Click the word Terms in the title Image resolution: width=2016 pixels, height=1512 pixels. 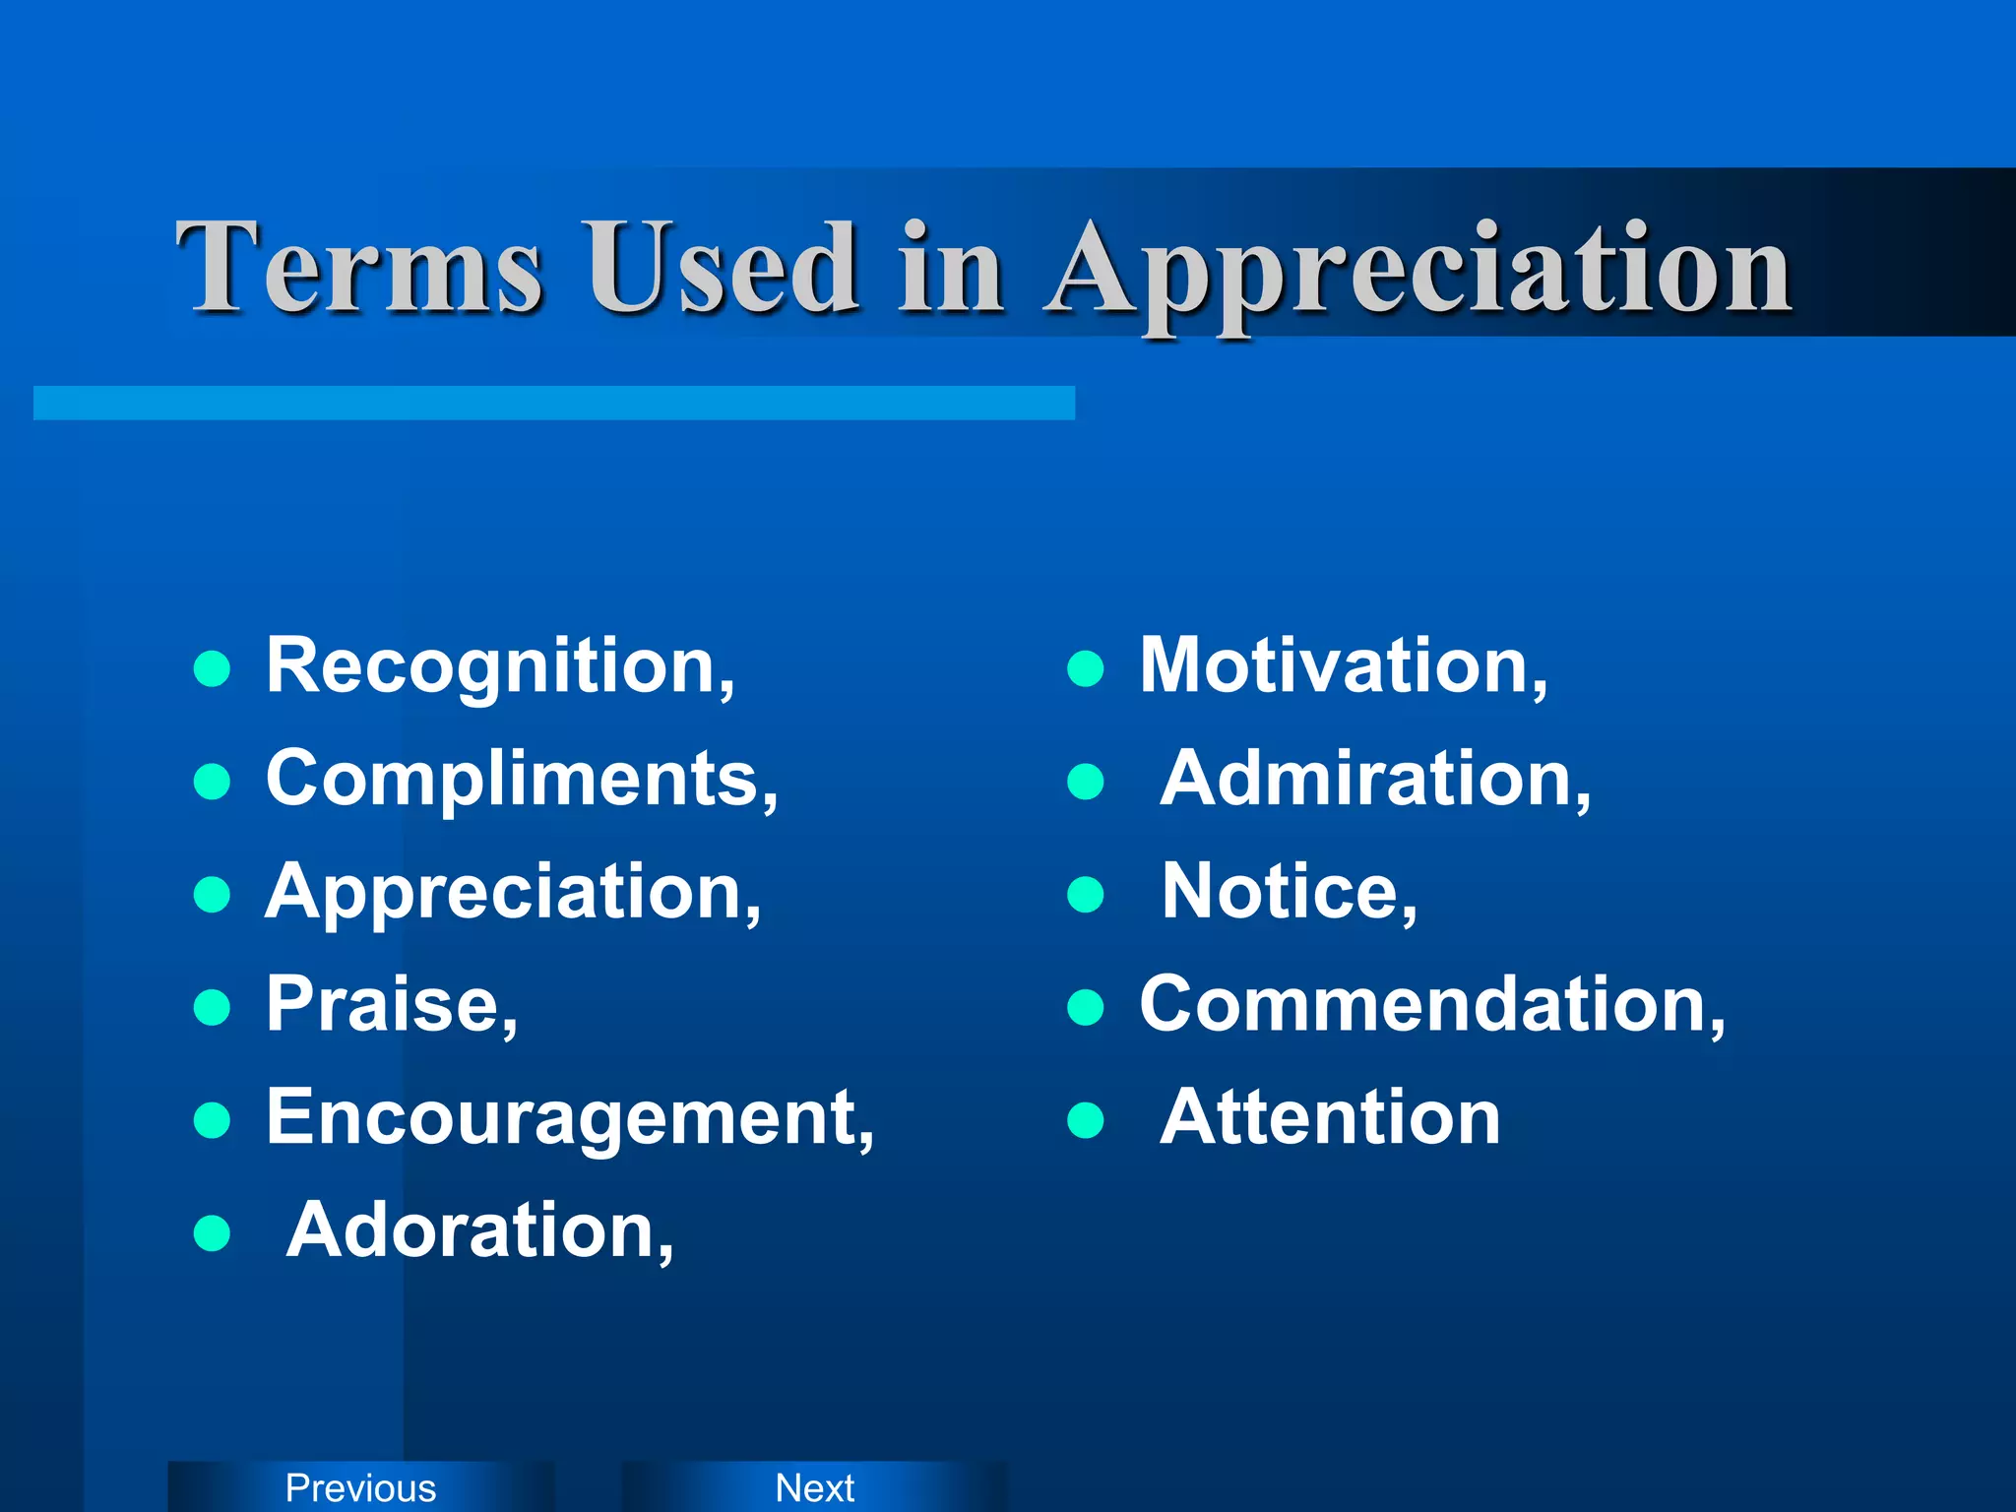click(x=358, y=268)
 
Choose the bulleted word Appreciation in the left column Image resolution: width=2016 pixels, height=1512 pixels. click(x=513, y=893)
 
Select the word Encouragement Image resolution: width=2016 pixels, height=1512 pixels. click(x=570, y=1118)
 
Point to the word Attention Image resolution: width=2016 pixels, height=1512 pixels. click(x=1330, y=1118)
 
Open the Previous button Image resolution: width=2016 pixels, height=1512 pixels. click(x=360, y=1487)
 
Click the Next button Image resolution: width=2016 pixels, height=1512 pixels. click(x=814, y=1487)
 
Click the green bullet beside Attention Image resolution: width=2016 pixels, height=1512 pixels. click(x=1085, y=1119)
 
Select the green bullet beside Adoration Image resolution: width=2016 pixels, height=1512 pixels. click(x=212, y=1232)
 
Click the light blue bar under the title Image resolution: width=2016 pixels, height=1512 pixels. click(x=553, y=403)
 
